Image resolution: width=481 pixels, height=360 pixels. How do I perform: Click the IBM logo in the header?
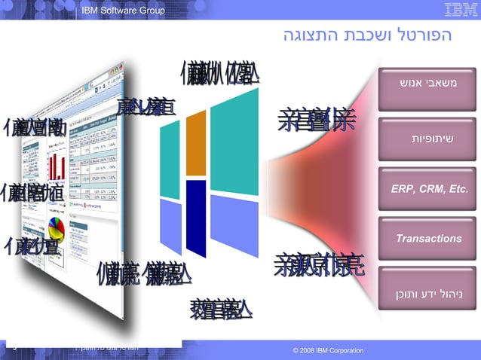[x=460, y=10]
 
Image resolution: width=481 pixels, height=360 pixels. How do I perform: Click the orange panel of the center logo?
[x=196, y=142]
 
